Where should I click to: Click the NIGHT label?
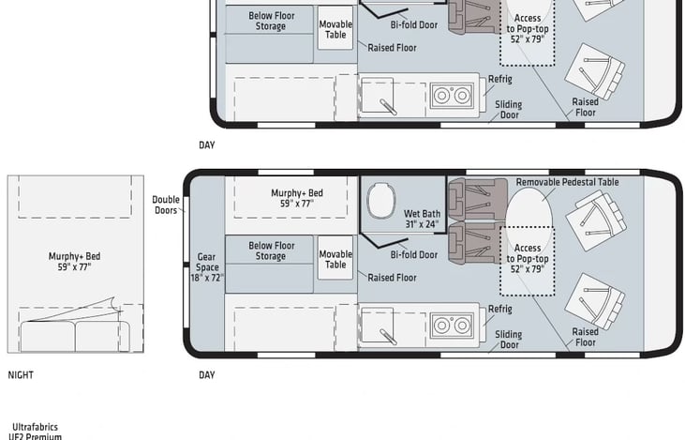21,375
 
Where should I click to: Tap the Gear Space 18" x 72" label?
207,267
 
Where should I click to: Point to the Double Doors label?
166,205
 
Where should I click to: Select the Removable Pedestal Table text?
567,182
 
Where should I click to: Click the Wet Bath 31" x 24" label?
422,220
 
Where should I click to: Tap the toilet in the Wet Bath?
381,201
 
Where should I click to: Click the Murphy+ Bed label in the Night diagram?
74,262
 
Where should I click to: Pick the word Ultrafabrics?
35,427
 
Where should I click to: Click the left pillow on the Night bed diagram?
48,336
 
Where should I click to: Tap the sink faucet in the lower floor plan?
388,337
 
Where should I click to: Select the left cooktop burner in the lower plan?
441,326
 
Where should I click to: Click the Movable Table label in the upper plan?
335,29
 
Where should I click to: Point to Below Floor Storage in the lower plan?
272,251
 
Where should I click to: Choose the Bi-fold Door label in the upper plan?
414,25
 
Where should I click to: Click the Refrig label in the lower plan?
500,309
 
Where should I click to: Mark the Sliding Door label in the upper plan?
509,110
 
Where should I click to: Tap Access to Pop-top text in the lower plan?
528,253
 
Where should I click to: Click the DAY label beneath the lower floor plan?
207,375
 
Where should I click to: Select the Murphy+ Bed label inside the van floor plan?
297,198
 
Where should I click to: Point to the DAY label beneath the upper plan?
207,145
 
